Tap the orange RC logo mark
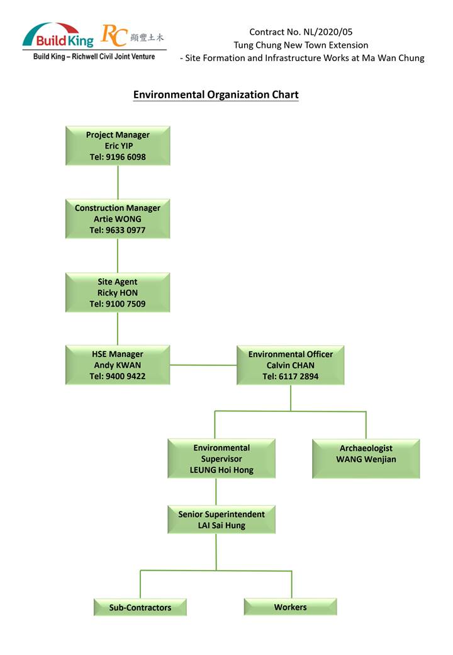tap(115, 37)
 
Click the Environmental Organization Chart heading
tap(216, 95)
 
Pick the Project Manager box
tap(118, 145)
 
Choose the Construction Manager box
tap(118, 219)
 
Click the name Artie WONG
tap(118, 219)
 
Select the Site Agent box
tap(118, 292)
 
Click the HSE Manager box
tap(118, 365)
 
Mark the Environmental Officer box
tap(290, 365)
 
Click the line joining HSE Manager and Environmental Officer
tap(203, 365)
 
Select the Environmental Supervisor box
tap(221, 458)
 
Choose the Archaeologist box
tap(366, 458)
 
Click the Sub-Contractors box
tap(140, 607)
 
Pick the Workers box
tap(290, 607)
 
